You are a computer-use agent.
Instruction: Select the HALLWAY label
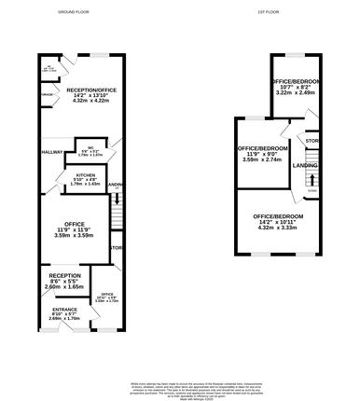click(51, 152)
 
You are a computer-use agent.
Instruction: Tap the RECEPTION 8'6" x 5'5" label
click(66, 276)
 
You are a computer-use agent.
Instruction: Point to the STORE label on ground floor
click(117, 247)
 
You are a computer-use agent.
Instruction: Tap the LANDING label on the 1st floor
click(304, 165)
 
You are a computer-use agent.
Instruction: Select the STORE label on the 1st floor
click(312, 141)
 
